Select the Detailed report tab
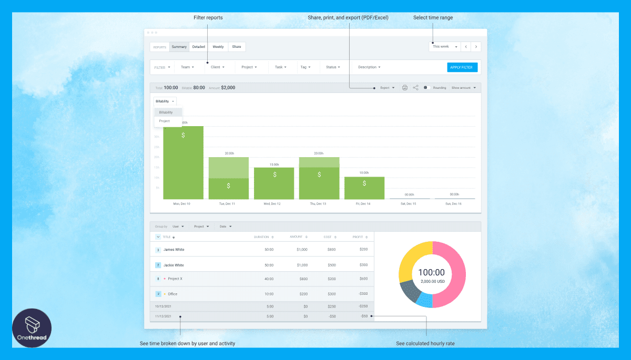(x=198, y=47)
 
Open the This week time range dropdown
(x=444, y=47)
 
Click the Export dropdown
(x=387, y=88)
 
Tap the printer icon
(x=404, y=88)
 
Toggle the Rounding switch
(x=427, y=88)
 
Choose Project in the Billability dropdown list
(x=165, y=121)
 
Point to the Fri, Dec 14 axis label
(x=364, y=203)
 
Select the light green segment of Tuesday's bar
(x=229, y=168)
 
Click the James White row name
(x=174, y=250)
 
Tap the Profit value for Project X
(x=363, y=279)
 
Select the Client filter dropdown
(x=217, y=67)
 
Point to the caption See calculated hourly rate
(x=425, y=344)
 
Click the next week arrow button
(x=476, y=47)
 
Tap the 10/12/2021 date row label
(x=163, y=306)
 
